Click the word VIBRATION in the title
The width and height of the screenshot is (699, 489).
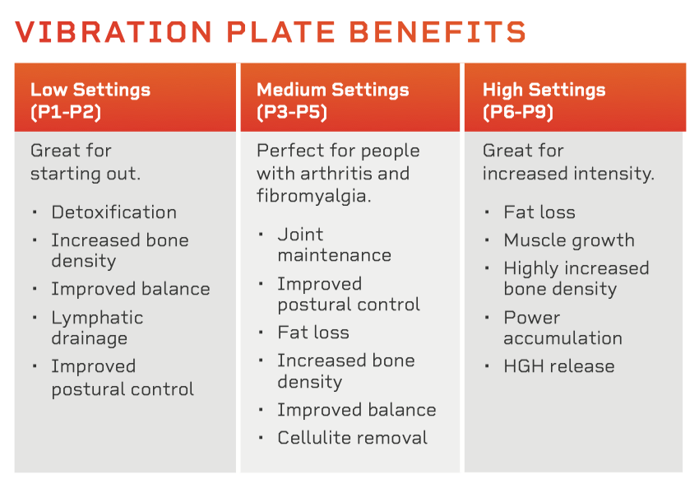pos(113,31)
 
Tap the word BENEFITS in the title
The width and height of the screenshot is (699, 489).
pos(437,31)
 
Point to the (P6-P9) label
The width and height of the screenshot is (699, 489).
pos(518,112)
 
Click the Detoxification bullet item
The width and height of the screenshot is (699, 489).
pos(114,212)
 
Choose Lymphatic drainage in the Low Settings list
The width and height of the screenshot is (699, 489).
pos(97,328)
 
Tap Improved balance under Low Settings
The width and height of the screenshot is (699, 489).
pos(131,289)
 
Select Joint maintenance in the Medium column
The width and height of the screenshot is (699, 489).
pos(335,244)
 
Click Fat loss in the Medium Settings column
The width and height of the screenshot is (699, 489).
pos(313,333)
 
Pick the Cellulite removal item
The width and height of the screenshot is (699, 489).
pos(353,438)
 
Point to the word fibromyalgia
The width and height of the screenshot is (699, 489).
pos(313,196)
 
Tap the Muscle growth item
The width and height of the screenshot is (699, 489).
pos(569,240)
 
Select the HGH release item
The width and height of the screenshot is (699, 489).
pos(559,366)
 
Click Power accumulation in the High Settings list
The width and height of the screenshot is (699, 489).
pos(563,328)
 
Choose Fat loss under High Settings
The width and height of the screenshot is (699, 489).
pos(539,212)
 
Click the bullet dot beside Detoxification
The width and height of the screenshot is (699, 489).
pos(35,212)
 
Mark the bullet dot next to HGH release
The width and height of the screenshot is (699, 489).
pos(487,366)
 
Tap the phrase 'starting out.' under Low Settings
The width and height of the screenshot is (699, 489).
pos(86,174)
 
